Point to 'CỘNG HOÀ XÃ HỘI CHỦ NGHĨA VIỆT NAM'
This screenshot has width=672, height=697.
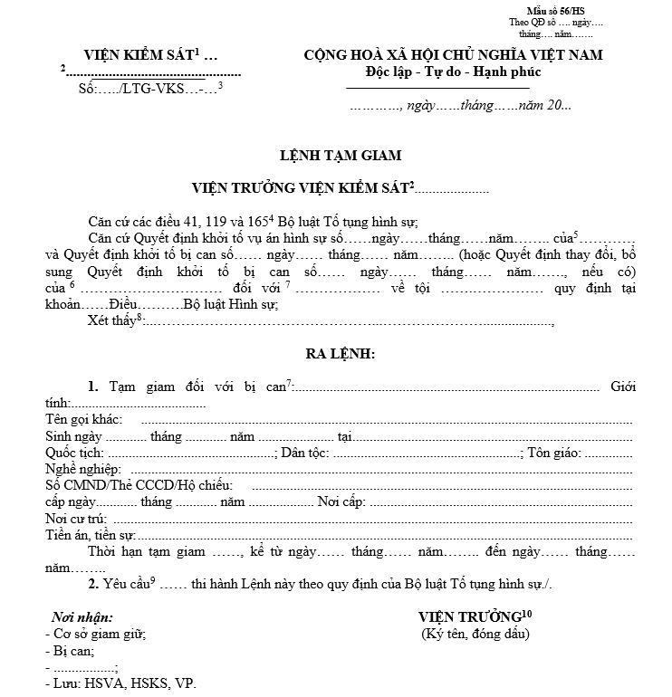point(453,55)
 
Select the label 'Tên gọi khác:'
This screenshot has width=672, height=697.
point(85,419)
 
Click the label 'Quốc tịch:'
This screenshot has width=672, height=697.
point(74,453)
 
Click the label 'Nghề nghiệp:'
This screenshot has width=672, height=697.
point(82,469)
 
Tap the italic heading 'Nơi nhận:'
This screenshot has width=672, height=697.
point(82,617)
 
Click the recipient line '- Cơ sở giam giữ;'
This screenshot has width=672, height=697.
point(95,634)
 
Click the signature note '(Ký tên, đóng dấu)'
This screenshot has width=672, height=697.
point(475,634)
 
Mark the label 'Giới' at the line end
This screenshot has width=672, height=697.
point(623,387)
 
